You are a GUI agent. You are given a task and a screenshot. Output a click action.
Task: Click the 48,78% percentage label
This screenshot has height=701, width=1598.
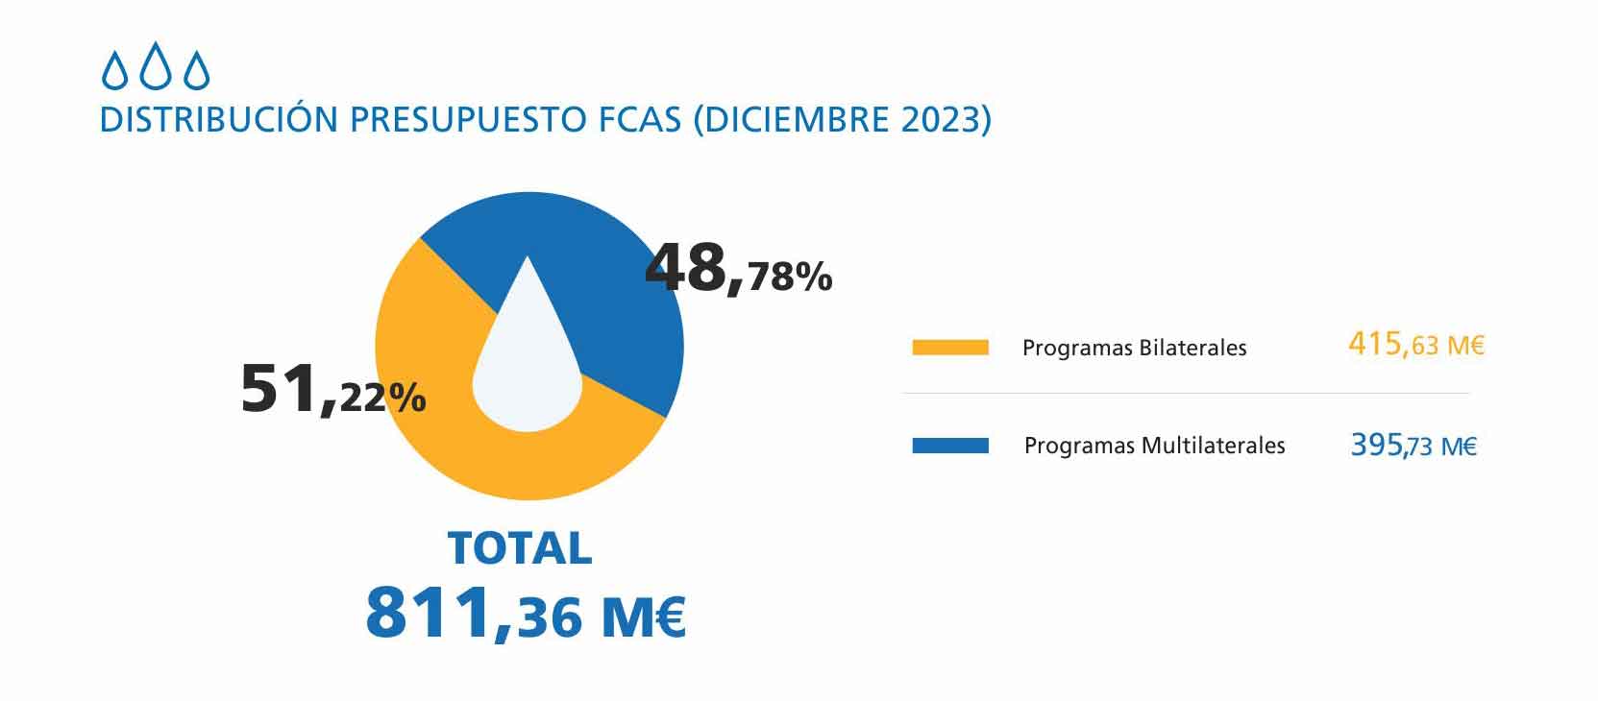coord(738,270)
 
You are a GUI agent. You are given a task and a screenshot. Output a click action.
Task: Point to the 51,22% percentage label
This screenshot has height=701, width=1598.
coord(332,390)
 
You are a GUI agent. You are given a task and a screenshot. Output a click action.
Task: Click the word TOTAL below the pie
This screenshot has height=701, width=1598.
coord(520,548)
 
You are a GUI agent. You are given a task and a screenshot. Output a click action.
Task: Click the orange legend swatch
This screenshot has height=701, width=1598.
coord(950,348)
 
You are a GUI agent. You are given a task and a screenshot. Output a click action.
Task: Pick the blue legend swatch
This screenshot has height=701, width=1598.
coord(950,446)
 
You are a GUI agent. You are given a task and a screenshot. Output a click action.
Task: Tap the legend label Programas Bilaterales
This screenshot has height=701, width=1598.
coord(1134,348)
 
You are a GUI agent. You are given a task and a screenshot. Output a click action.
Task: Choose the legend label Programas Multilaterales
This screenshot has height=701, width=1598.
coord(1154,446)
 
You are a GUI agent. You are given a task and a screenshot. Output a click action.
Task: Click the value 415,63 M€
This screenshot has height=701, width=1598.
coord(1415,345)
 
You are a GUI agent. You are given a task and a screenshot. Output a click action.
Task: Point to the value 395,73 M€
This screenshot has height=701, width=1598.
coord(1414,446)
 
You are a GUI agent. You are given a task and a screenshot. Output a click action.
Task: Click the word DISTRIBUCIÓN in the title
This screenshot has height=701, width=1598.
coord(219,120)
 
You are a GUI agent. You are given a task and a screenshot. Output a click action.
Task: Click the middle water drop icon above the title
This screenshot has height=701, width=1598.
coord(156,68)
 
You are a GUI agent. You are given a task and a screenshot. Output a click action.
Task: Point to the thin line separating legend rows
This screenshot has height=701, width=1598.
coord(1186,394)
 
